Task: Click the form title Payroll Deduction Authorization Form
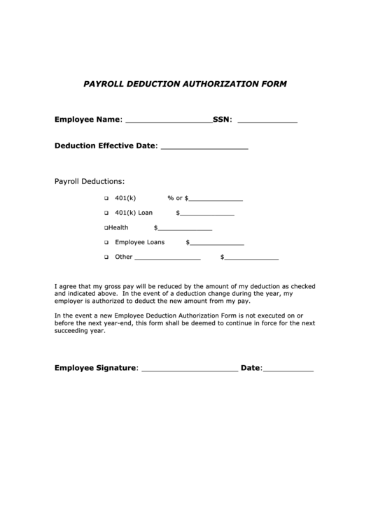coord(185,83)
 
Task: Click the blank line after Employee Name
coord(168,121)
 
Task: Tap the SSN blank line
coord(267,121)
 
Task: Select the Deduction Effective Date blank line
coord(204,148)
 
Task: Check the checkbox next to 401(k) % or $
coord(106,199)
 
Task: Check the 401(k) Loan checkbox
coord(106,213)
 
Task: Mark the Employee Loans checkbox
coord(106,243)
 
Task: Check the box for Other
coord(106,257)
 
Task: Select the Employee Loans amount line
coord(217,244)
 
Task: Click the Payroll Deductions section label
coord(90,181)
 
